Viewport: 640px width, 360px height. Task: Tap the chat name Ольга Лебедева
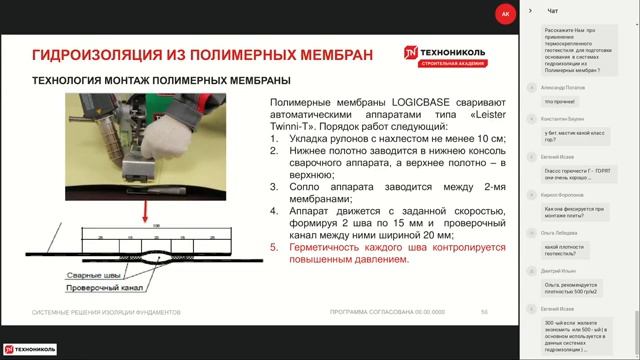[x=563, y=229]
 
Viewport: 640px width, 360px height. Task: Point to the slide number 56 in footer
[x=484, y=312]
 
